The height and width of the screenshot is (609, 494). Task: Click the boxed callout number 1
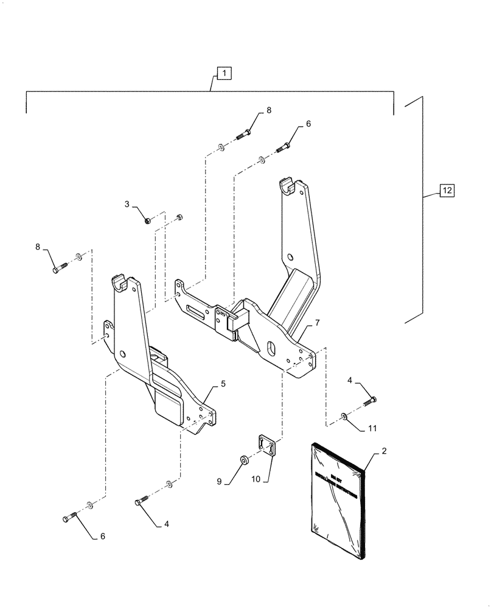(x=224, y=74)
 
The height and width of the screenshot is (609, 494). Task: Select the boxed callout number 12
(x=447, y=191)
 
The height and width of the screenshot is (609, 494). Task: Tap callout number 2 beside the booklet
(x=384, y=451)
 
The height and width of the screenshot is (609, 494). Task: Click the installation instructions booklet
(x=338, y=500)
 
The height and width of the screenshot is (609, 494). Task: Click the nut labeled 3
(x=148, y=220)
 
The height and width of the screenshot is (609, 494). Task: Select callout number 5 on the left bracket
(x=223, y=384)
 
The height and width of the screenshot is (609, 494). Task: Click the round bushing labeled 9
(x=243, y=458)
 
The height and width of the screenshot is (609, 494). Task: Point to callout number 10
(x=256, y=480)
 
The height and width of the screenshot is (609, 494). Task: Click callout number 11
(x=372, y=429)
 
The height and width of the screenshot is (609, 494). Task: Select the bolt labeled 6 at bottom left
(x=69, y=518)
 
